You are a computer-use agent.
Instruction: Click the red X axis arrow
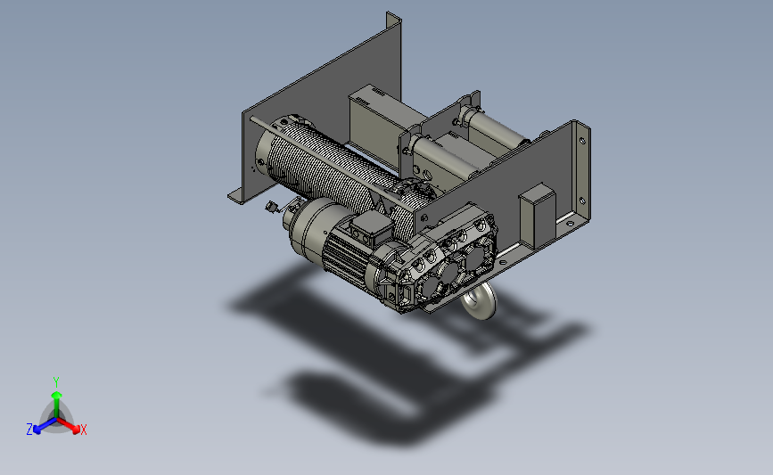click(68, 425)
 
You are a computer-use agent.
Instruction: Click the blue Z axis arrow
click(45, 425)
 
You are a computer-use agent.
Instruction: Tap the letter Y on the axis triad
click(55, 382)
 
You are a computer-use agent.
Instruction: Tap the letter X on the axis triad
click(83, 430)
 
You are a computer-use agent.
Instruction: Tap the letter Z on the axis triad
click(29, 430)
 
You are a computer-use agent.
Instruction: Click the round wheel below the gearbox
click(479, 300)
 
